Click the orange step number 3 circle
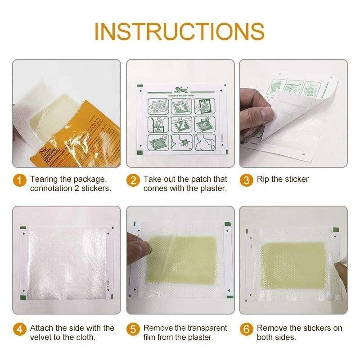tap(246, 181)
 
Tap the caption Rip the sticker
tap(283, 179)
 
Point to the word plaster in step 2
tap(212, 188)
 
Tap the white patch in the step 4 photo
tap(65, 261)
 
